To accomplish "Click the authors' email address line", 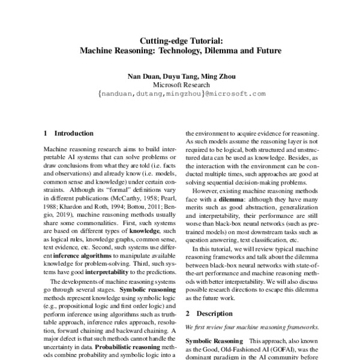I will tap(180, 94).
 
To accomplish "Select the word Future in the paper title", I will tap(266, 52).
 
